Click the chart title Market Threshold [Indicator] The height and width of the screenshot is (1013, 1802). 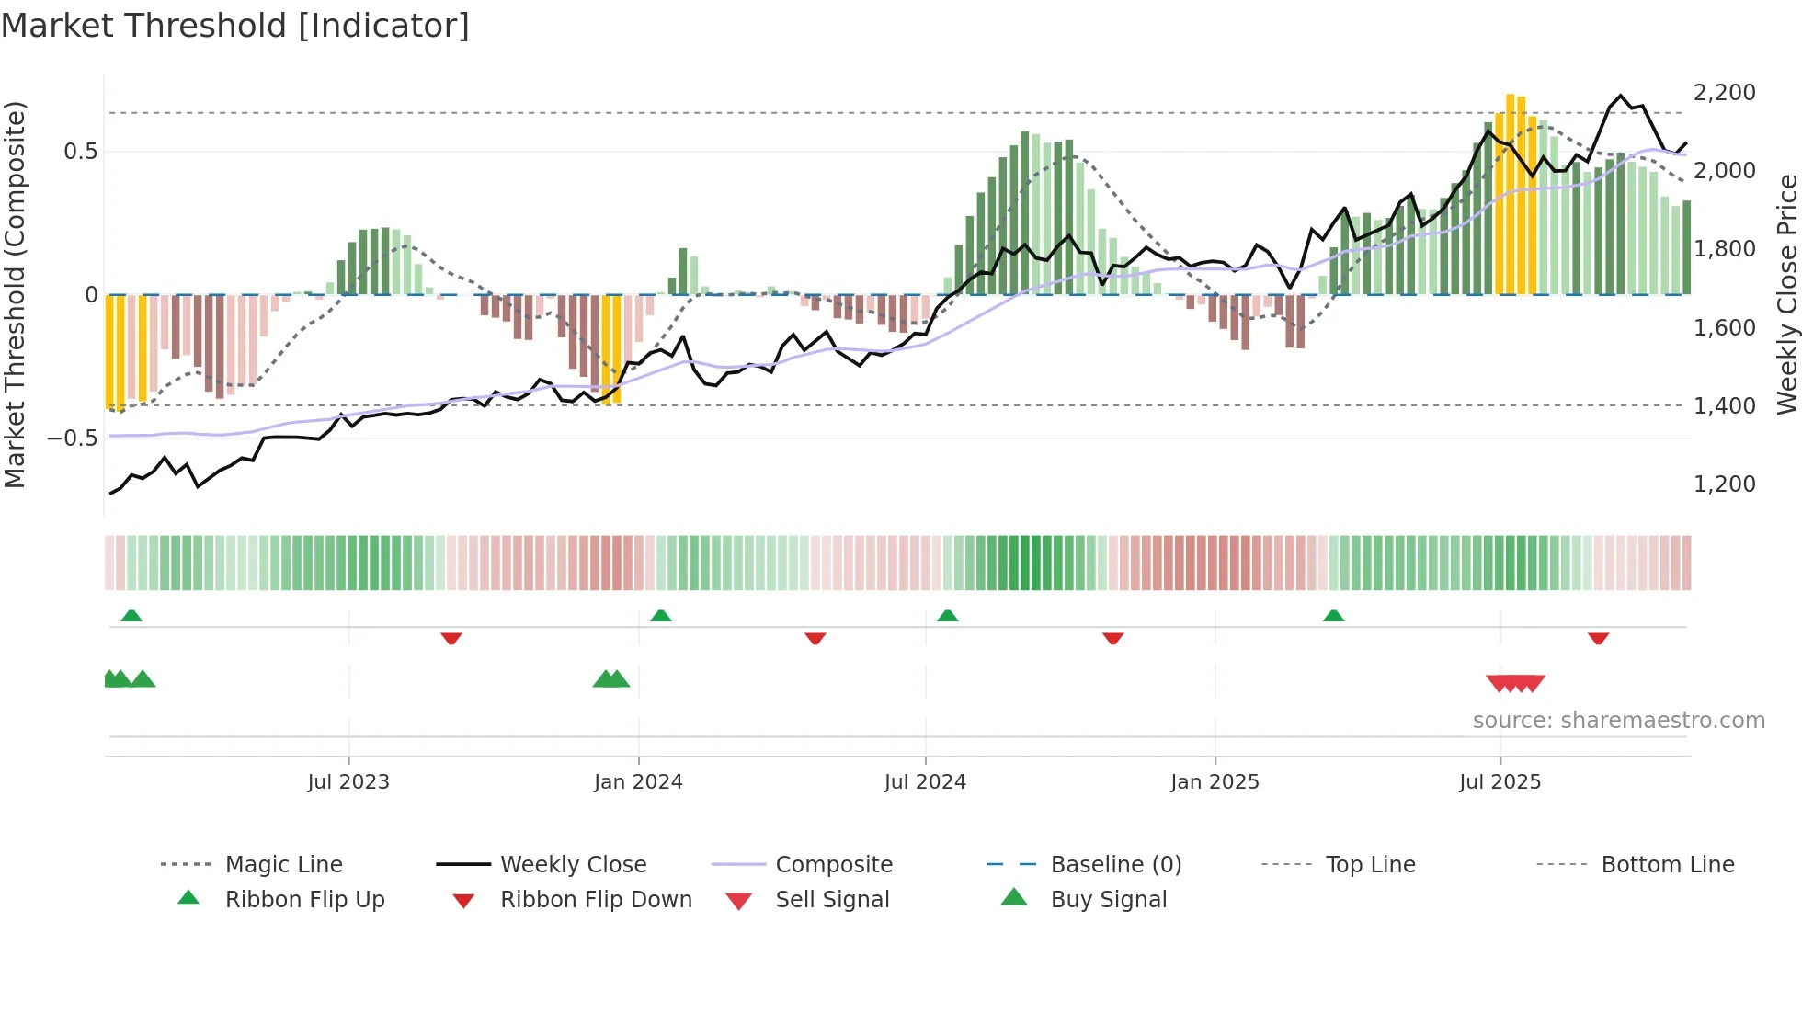tap(235, 26)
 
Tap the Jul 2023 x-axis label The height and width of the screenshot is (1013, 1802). tap(348, 782)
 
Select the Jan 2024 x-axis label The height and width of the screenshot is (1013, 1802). tap(638, 782)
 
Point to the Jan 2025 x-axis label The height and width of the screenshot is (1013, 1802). tap(1215, 782)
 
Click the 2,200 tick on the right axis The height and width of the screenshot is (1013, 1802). tap(1724, 93)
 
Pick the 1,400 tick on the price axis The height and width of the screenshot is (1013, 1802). tap(1724, 405)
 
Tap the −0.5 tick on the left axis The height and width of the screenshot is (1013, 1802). tap(73, 438)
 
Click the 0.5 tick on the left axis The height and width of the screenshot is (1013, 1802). tap(80, 152)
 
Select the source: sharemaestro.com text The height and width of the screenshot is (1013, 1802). tap(1618, 721)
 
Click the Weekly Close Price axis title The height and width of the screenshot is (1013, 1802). tap(1786, 294)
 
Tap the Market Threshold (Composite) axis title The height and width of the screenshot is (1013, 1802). tap(15, 294)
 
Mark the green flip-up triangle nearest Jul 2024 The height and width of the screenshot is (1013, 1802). tap(948, 616)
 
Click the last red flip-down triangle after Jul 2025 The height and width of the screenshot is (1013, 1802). tap(1598, 638)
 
